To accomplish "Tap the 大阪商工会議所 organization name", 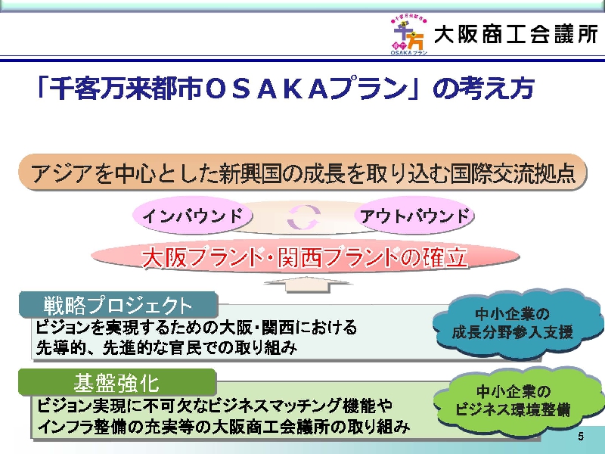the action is [516, 35].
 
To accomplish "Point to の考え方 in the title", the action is [483, 89].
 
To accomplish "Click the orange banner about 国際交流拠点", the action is [302, 173].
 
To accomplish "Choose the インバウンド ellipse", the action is [192, 215].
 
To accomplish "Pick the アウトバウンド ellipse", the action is [414, 215].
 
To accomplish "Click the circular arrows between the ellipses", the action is [304, 216].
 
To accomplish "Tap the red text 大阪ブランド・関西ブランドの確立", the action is [305, 257].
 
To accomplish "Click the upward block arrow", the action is [308, 285].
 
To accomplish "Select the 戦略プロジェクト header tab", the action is [119, 305].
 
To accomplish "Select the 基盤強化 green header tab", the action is [117, 382].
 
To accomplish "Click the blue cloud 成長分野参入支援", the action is [517, 323].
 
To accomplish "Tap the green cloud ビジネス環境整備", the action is [517, 401].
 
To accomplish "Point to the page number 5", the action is [581, 437].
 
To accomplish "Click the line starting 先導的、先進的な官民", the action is [166, 348].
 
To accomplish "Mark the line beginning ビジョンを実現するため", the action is [197, 328].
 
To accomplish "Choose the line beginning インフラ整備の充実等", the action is [223, 426].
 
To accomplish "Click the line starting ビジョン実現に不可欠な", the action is [215, 406].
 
